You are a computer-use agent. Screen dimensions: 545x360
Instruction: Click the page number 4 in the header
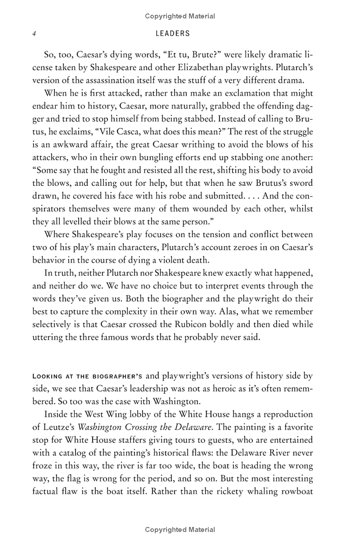point(34,33)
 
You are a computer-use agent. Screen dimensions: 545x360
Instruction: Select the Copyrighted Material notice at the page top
point(180,16)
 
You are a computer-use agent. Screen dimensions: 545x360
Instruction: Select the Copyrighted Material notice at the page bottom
point(180,530)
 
